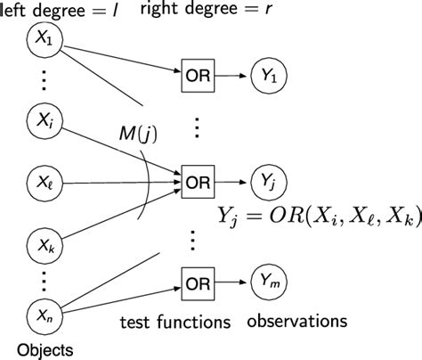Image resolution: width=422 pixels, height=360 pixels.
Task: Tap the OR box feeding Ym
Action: [197, 283]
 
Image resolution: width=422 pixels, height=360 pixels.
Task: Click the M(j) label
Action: [142, 135]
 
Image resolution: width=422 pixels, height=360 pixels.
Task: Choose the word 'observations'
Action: [296, 320]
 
